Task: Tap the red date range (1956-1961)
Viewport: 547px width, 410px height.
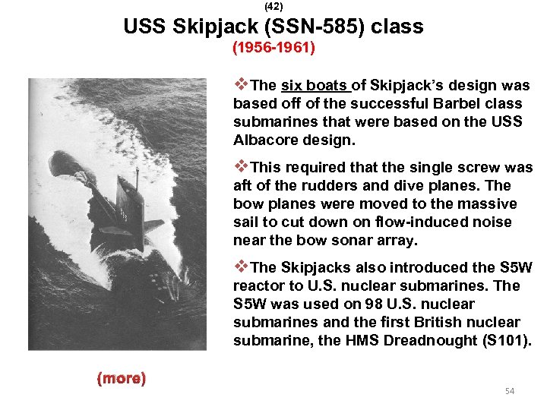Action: [x=273, y=49]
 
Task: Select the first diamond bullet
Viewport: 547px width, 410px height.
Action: [x=242, y=84]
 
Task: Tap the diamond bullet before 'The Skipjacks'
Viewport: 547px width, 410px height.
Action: [x=242, y=266]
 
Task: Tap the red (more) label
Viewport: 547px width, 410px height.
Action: [x=121, y=377]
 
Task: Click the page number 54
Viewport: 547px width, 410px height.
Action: [x=510, y=390]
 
